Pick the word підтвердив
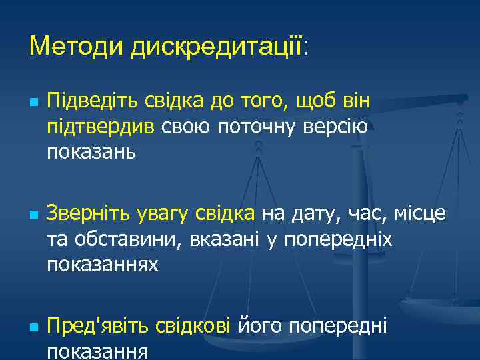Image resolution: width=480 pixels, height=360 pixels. click(x=102, y=127)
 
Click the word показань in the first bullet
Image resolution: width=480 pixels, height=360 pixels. click(x=91, y=152)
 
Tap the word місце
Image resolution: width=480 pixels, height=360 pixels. click(x=418, y=215)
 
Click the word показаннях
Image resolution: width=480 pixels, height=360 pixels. click(x=103, y=265)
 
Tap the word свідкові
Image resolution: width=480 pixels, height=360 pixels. click(x=193, y=327)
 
